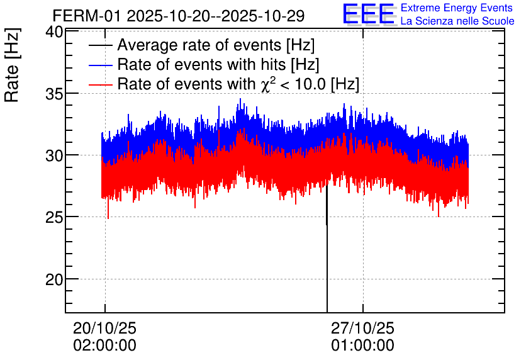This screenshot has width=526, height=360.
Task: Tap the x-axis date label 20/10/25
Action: [104, 329]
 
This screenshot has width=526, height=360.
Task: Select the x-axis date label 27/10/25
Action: [362, 329]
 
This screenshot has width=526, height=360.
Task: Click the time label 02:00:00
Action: [104, 346]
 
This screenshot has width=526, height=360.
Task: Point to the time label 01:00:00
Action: [362, 346]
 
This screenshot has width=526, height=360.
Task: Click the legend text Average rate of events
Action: [216, 46]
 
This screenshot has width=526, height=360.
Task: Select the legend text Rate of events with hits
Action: [218, 65]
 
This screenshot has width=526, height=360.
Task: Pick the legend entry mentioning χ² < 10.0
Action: [238, 84]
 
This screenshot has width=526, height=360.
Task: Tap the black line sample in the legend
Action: [101, 46]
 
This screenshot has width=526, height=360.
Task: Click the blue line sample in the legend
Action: [101, 65]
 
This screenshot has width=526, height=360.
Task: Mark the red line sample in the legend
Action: [101, 84]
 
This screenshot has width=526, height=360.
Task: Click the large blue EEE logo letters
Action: [369, 14]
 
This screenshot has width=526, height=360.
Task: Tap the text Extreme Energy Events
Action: [457, 8]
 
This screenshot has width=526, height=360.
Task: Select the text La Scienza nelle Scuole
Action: [457, 21]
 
